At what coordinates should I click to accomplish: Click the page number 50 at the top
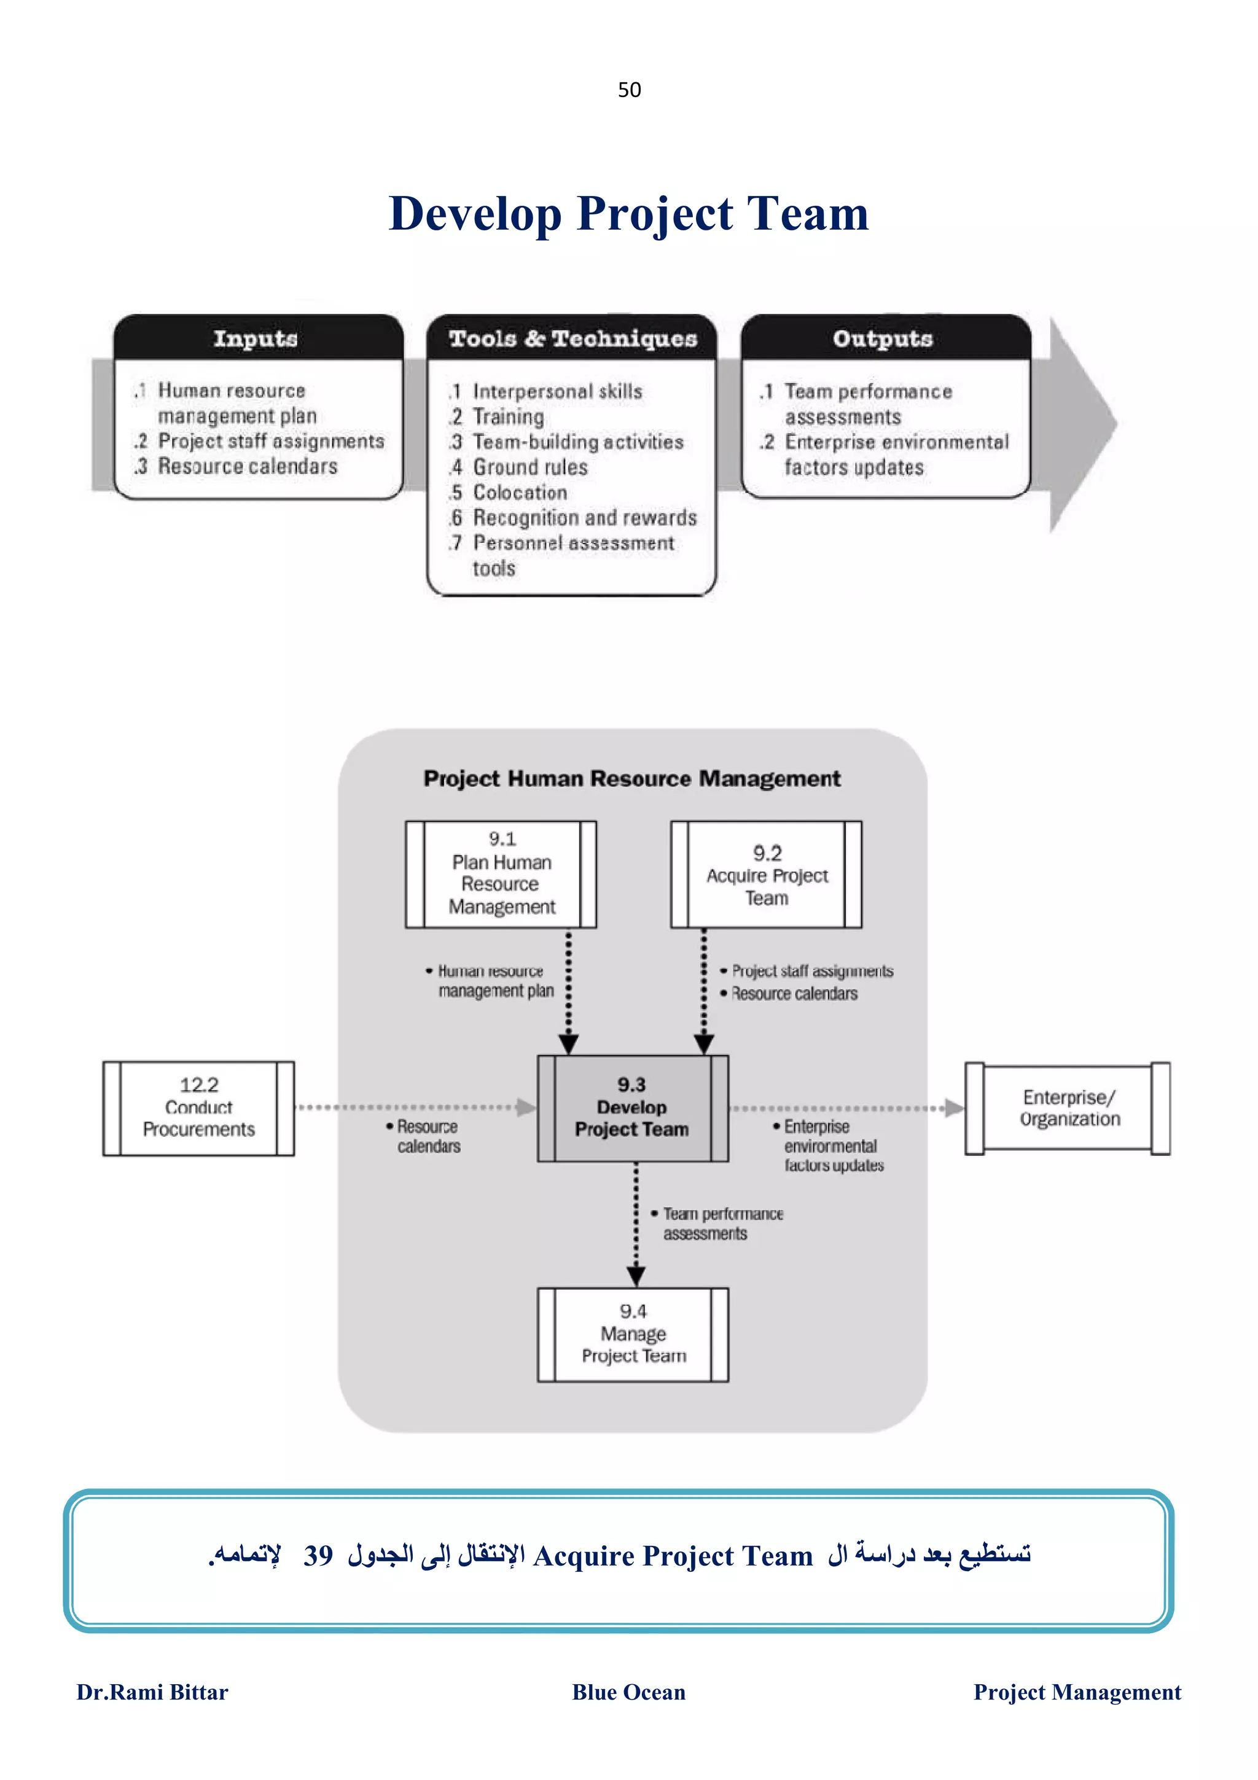pos(628,90)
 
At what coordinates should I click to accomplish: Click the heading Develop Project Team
pos(628,213)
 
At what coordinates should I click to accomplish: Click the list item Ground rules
pos(530,467)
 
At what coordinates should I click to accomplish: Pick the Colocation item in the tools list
pos(520,492)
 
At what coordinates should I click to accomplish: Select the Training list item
pos(509,417)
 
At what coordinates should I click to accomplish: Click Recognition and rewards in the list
pos(584,518)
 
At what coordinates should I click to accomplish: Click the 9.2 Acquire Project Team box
pos(766,875)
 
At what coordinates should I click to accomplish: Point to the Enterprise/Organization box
pos(1068,1108)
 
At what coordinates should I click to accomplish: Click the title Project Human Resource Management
pos(631,778)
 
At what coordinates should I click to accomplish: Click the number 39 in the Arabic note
pos(318,1555)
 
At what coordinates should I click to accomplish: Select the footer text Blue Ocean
pos(628,1692)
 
